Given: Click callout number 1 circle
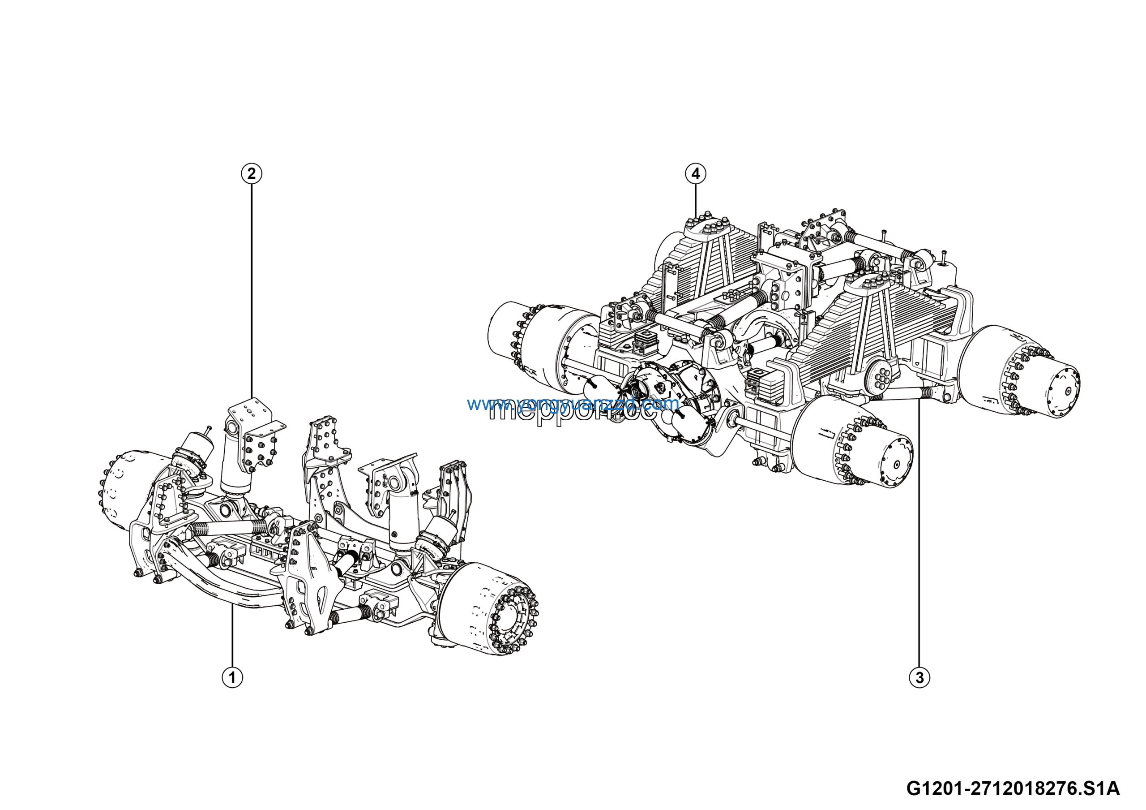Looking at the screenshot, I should pos(232,678).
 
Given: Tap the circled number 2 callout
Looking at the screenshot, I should pos(251,174).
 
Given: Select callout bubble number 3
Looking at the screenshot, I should pos(919,678).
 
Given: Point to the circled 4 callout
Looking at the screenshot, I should pos(695,174).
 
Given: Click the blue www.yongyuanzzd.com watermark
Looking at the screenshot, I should pos(573,403).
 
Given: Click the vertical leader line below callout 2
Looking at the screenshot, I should pos(251,290).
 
